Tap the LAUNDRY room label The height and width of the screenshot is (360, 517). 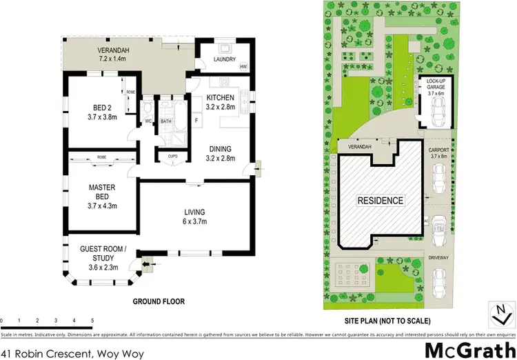pos(225,60)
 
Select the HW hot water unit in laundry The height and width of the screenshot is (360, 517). pos(243,67)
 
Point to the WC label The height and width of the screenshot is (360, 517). pos(148,122)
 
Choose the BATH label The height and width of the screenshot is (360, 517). pos(166,122)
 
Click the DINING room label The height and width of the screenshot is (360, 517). pos(221,148)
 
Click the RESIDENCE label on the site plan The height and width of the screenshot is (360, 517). pos(380,201)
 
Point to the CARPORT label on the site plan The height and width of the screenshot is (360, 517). pos(439,149)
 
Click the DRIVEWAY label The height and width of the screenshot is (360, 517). pos(439,257)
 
